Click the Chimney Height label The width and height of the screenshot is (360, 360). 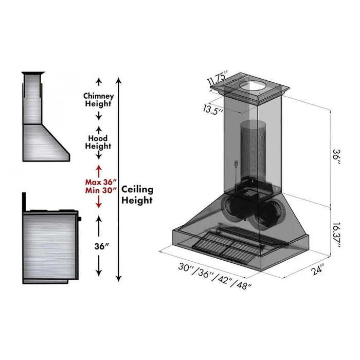[x=98, y=100]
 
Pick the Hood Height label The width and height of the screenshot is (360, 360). [x=98, y=141]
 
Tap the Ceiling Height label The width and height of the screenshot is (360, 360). [x=137, y=195]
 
